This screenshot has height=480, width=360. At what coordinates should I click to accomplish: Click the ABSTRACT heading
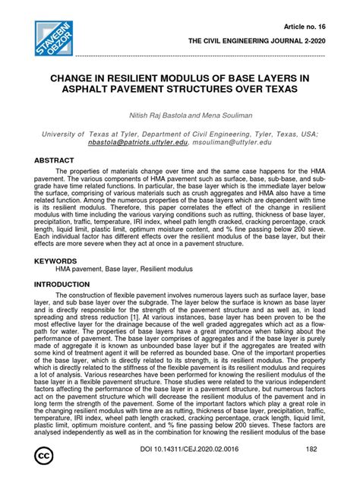coord(54,161)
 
